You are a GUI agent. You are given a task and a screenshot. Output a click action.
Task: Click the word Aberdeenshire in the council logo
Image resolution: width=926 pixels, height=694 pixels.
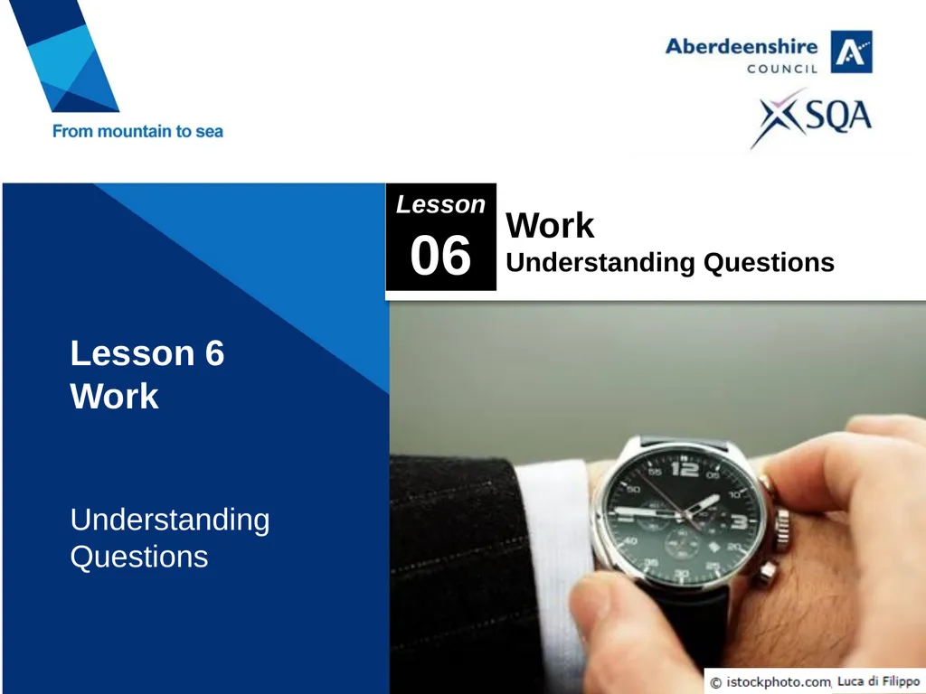(742, 46)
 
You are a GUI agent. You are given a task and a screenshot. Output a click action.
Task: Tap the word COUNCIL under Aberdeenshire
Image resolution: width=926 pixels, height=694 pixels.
(782, 69)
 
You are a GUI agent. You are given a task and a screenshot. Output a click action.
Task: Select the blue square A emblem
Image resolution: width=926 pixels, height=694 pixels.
(851, 52)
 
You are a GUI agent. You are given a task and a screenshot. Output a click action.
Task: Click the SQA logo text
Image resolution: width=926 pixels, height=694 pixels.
(838, 116)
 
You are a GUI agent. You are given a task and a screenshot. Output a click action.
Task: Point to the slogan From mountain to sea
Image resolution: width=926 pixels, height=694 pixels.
(137, 131)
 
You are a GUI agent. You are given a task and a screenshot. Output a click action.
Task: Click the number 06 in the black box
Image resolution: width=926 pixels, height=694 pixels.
(440, 256)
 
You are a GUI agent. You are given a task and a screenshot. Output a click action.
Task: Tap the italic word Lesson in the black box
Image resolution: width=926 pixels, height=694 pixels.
(440, 204)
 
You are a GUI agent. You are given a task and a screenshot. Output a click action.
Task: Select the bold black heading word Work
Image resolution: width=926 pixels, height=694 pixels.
(550, 225)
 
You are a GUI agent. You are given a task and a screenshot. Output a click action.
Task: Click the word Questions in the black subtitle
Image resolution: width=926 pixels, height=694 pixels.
(769, 263)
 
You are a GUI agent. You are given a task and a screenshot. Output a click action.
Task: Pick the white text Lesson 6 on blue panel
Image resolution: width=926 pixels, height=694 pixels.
(147, 353)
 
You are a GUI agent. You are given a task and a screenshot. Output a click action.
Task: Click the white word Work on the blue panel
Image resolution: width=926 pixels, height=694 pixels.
(114, 396)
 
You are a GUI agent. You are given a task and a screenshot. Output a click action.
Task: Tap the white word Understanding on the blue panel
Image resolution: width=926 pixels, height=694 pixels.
(170, 520)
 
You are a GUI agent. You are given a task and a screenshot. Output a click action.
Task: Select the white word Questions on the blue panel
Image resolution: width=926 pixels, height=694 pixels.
(139, 557)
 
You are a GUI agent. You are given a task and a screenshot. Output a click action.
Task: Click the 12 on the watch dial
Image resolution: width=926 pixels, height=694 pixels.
(684, 469)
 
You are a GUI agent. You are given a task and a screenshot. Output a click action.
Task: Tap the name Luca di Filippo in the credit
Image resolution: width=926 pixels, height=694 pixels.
(879, 681)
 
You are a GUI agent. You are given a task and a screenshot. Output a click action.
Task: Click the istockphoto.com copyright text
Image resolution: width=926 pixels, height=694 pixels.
(770, 682)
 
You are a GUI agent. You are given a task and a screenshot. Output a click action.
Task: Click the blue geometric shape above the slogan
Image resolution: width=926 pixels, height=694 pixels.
(65, 56)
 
